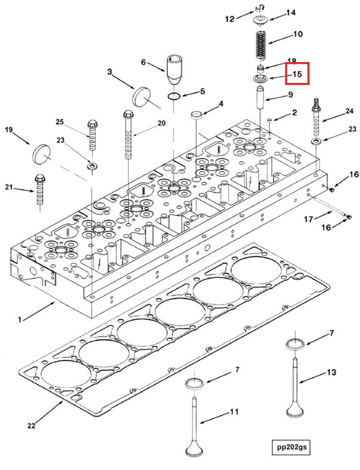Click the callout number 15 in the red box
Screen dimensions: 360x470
(297, 74)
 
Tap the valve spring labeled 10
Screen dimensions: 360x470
(261, 45)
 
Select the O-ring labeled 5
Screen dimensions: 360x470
(174, 96)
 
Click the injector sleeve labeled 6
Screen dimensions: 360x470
(173, 70)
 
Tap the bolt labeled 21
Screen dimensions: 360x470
(40, 190)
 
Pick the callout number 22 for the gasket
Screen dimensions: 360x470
(31, 425)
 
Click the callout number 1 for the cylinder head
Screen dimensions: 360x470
(20, 319)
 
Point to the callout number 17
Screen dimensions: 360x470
(308, 219)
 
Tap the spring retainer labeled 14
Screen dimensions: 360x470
(260, 20)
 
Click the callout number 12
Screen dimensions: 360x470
(230, 19)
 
